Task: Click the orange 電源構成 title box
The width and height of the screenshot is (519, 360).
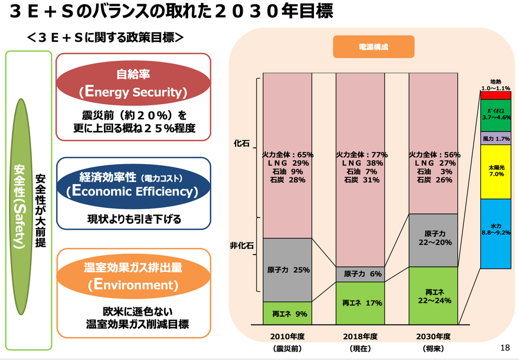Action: pyautogui.click(x=373, y=47)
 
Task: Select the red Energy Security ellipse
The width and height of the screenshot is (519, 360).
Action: pyautogui.click(x=133, y=84)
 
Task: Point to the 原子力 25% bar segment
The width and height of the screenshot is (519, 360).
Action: pyautogui.click(x=288, y=269)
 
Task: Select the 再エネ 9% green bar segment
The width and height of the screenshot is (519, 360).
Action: pyautogui.click(x=288, y=313)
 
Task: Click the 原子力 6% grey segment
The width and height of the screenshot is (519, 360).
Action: pyautogui.click(x=360, y=274)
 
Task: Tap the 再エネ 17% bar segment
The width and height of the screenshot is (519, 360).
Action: pyautogui.click(x=360, y=303)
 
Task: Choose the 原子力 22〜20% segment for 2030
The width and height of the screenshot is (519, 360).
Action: pyautogui.click(x=434, y=238)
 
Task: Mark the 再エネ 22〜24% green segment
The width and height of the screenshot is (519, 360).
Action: pyautogui.click(x=434, y=296)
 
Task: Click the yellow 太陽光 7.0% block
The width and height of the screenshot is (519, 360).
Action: pyautogui.click(x=496, y=171)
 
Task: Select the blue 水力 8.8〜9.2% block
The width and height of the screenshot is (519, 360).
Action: pyautogui.click(x=496, y=233)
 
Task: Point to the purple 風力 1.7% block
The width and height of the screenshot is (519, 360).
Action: pyautogui.click(x=496, y=138)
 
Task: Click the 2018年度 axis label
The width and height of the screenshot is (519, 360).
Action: pyautogui.click(x=360, y=336)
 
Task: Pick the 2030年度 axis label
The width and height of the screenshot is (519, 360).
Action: pyautogui.click(x=433, y=336)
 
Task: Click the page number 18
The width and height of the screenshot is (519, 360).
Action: pyautogui.click(x=505, y=348)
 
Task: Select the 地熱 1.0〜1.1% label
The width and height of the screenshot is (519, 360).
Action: pyautogui.click(x=496, y=85)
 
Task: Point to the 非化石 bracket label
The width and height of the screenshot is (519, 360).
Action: pyautogui.click(x=241, y=246)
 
